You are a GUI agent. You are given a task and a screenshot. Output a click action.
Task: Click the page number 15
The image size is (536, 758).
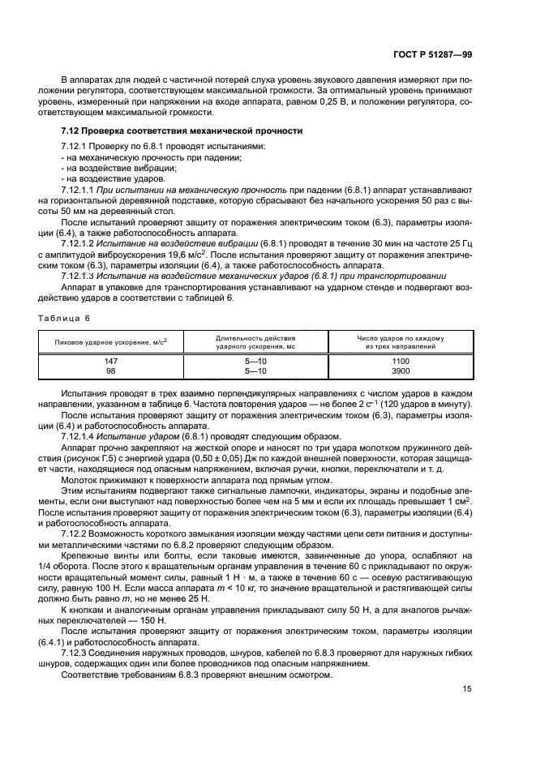(x=466, y=690)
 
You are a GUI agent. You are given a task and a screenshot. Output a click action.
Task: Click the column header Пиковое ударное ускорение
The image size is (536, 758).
(x=110, y=341)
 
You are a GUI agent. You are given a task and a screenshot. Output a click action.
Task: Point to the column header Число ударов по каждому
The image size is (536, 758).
(x=400, y=336)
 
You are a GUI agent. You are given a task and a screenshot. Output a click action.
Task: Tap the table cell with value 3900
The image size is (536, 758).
(x=400, y=370)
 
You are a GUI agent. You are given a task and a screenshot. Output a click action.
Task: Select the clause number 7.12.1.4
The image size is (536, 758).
(x=79, y=436)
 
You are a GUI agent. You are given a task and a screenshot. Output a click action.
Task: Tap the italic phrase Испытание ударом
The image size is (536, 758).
(x=131, y=436)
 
